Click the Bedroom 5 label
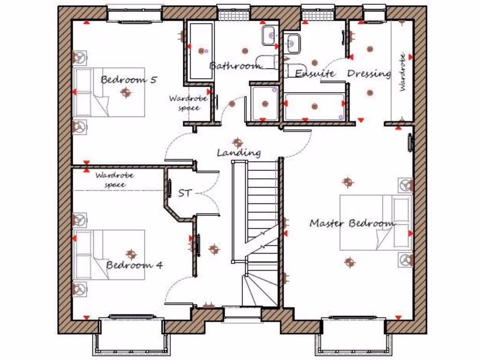click(x=128, y=80)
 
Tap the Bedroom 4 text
click(x=134, y=265)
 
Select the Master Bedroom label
click(x=352, y=223)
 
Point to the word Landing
click(x=239, y=153)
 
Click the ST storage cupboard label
click(x=185, y=193)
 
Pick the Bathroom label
click(x=234, y=66)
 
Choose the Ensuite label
click(x=315, y=74)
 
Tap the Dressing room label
click(x=368, y=74)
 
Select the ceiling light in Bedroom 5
click(x=125, y=92)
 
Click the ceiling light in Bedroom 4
click(x=131, y=254)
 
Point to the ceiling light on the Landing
click(x=238, y=142)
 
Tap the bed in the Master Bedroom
click(x=375, y=223)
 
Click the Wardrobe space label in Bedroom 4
click(x=115, y=180)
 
